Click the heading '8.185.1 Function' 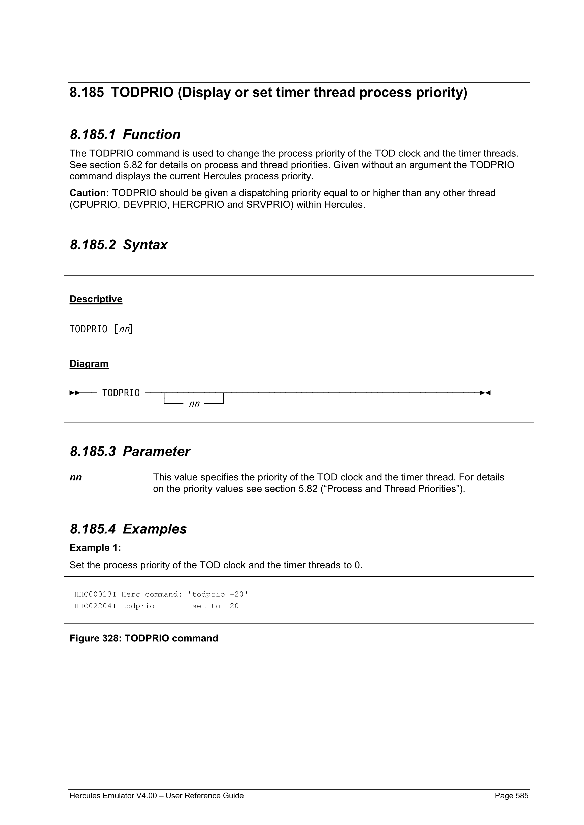[x=125, y=134]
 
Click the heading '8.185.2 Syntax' [x=118, y=245]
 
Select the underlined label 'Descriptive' [x=96, y=299]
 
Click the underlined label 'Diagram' [x=89, y=364]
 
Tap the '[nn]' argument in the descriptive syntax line [x=123, y=329]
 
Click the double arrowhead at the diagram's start [x=75, y=393]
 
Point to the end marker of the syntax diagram [x=485, y=393]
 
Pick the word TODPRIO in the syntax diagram [x=121, y=393]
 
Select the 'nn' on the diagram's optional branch [x=194, y=404]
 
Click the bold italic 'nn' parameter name [x=75, y=477]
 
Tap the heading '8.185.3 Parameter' [x=130, y=451]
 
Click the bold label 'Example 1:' [x=95, y=548]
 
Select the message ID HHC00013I [x=95, y=594]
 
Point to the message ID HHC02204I [x=95, y=606]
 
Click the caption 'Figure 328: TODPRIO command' [x=144, y=638]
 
